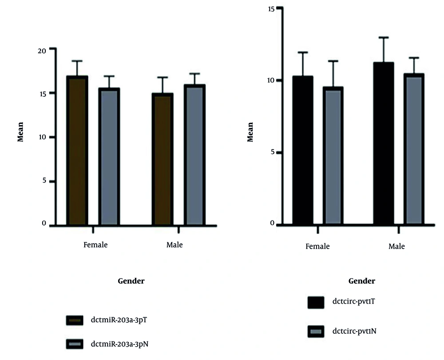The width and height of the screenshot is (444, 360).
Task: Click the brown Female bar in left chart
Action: pyautogui.click(x=77, y=151)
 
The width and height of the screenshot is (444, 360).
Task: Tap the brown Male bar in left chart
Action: pyautogui.click(x=163, y=159)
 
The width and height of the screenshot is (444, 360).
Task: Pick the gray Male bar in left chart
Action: pyautogui.click(x=194, y=155)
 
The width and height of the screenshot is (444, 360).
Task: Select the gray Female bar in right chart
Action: pyautogui.click(x=333, y=155)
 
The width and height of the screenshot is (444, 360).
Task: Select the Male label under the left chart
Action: pyautogui.click(x=174, y=245)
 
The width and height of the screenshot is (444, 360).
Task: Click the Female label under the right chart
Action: pyautogui.click(x=317, y=246)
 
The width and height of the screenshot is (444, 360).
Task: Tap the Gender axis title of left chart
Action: pyautogui.click(x=131, y=281)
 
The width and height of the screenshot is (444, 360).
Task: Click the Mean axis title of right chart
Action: pyautogui.click(x=250, y=132)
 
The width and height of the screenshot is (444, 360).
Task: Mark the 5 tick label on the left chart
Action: pyautogui.click(x=44, y=181)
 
